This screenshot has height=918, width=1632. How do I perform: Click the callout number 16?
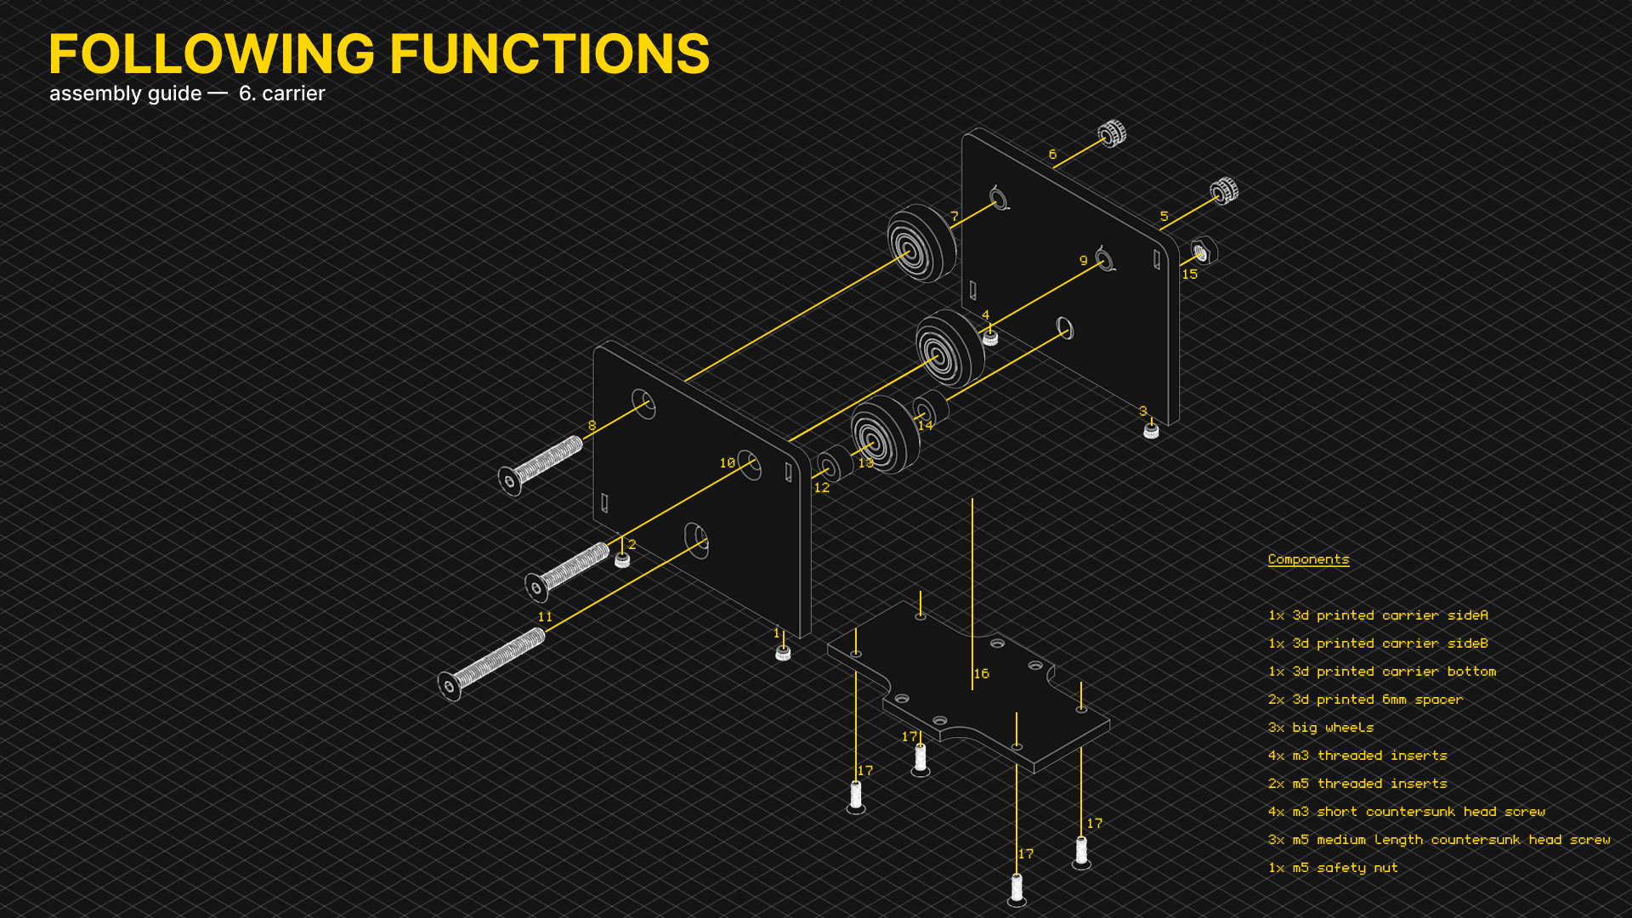(x=982, y=673)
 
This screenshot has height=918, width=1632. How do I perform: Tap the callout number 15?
(x=1189, y=274)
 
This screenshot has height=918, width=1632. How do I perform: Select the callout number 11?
(x=545, y=617)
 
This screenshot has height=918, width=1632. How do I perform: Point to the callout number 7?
(x=955, y=217)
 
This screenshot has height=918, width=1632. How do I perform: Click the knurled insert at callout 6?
(x=1112, y=133)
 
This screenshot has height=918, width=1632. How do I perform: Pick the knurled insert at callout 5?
(x=1224, y=190)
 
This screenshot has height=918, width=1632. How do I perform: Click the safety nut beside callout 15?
(x=1204, y=252)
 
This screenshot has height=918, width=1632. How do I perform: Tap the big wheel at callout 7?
(x=921, y=243)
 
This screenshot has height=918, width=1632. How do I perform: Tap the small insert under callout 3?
(x=1151, y=431)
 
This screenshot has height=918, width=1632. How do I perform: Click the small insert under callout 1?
(x=783, y=652)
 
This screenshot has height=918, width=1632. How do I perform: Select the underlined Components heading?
(x=1308, y=559)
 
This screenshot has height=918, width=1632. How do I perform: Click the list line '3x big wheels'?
(x=1321, y=728)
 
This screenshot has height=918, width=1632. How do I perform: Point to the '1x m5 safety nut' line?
(x=1333, y=868)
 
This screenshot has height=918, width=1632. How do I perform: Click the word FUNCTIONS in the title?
(x=549, y=54)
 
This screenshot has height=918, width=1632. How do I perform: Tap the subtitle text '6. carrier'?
(x=281, y=93)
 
